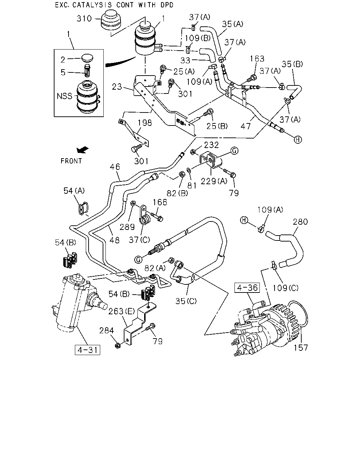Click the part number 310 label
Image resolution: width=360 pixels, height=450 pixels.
(84, 18)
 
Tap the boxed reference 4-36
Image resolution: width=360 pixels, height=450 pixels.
(247, 288)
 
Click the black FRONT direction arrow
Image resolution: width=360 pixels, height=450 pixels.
(83, 150)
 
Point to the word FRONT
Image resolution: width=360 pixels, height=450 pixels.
(71, 161)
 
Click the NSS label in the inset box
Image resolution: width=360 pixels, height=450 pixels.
(64, 96)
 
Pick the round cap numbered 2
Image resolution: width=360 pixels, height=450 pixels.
(87, 58)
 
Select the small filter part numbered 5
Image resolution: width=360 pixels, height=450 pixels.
(87, 71)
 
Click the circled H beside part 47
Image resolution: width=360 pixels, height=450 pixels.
(298, 140)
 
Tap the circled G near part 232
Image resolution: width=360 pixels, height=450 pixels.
(234, 150)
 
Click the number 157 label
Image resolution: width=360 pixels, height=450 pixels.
(301, 348)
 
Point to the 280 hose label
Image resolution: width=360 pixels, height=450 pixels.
(300, 221)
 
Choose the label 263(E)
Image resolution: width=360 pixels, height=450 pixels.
(122, 311)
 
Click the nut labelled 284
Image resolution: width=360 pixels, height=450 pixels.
(118, 346)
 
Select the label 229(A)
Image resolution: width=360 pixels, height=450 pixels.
(214, 181)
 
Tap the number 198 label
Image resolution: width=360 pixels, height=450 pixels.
(144, 123)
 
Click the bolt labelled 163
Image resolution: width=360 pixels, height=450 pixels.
(251, 78)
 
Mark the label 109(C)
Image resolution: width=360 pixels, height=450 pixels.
(285, 288)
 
